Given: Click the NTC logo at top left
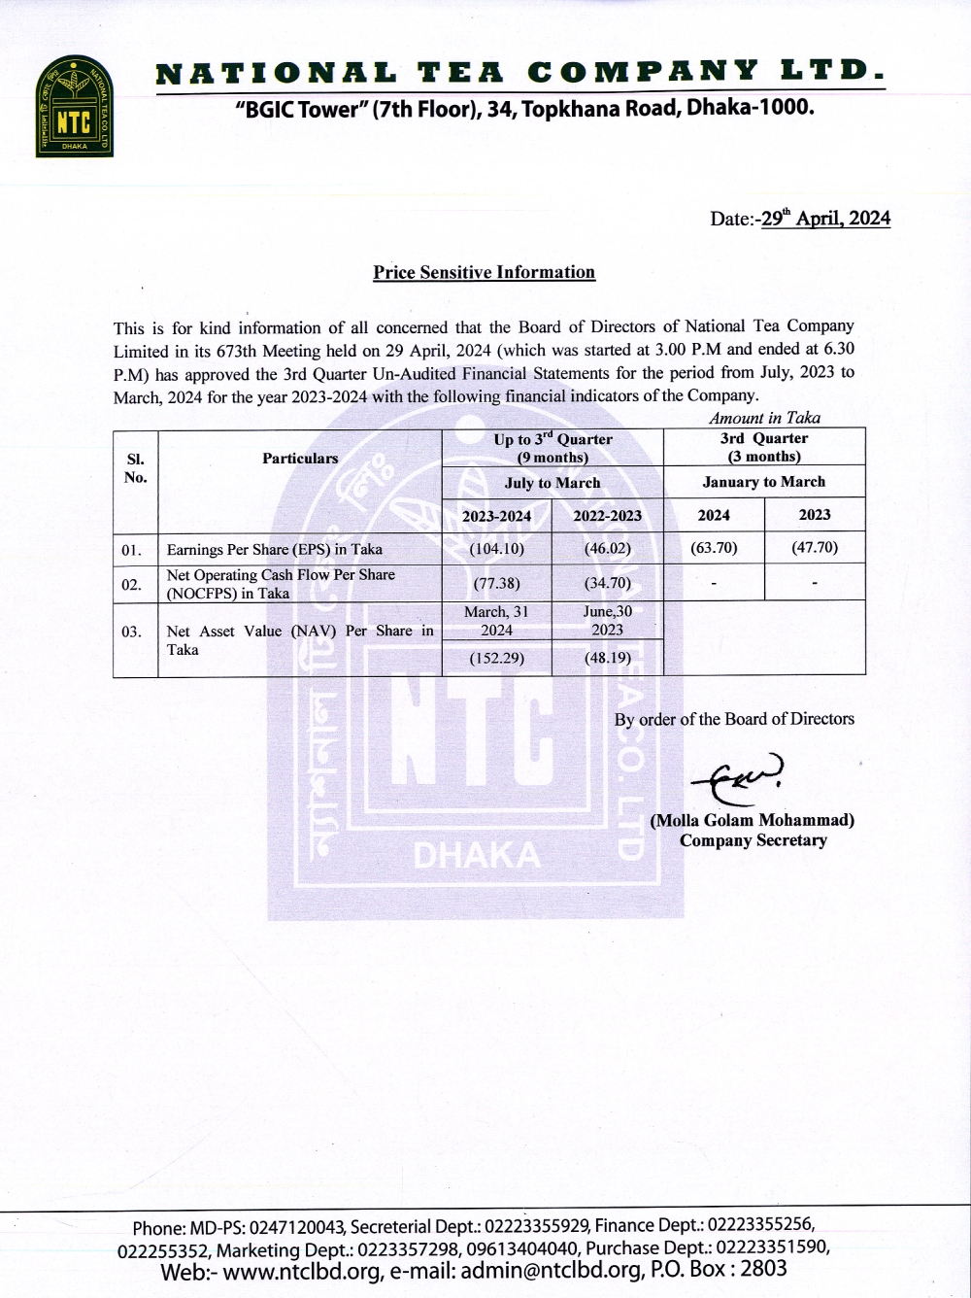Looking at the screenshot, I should [75, 107].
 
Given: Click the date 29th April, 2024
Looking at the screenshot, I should [825, 219].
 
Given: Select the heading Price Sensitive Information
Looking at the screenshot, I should [484, 273].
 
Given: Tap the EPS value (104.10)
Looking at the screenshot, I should [496, 549].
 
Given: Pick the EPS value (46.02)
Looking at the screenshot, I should [607, 549].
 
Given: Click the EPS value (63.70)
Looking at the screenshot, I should [714, 548].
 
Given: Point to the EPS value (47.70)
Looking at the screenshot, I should [815, 548].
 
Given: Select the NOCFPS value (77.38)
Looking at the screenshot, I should [496, 584].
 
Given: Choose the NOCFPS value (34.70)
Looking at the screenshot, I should [607, 584].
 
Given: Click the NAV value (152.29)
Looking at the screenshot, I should [496, 659].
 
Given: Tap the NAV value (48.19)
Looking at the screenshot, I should [607, 659].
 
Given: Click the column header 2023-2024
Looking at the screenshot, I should [496, 516].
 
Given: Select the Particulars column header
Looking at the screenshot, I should [300, 459].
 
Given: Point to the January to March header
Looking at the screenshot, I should [764, 482].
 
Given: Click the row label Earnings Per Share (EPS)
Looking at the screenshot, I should [275, 550].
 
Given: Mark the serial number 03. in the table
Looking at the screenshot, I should [131, 632].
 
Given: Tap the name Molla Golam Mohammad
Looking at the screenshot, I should [753, 820].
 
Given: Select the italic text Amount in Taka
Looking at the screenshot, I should [764, 419].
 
